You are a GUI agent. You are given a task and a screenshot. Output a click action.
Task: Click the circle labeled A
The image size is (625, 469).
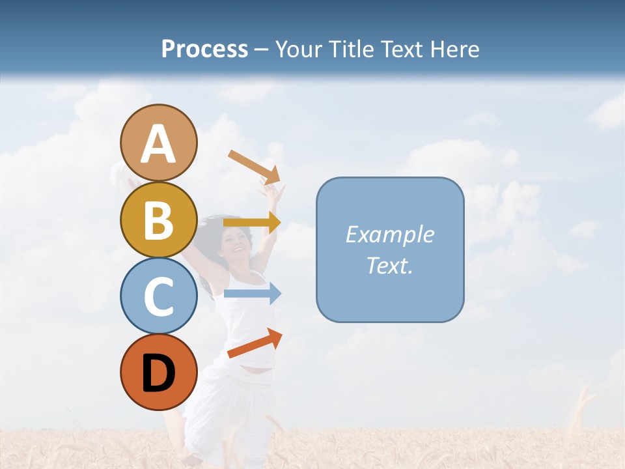[158, 143]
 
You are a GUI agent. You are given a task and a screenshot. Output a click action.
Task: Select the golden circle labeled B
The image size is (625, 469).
[158, 220]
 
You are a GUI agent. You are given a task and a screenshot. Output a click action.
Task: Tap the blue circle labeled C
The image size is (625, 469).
[158, 296]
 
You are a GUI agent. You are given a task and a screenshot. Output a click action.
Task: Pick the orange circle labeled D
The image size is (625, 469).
[158, 373]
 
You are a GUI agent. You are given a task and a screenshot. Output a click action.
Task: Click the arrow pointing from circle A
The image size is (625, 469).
[254, 167]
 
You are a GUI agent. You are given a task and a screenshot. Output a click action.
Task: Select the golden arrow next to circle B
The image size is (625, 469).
[252, 222]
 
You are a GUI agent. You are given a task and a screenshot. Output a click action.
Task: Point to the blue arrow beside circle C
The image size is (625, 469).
[252, 294]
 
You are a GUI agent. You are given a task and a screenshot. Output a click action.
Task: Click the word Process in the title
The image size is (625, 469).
[204, 50]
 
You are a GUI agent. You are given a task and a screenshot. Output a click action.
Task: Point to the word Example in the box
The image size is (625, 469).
[389, 234]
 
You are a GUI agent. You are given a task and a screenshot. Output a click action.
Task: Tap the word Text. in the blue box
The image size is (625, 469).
[389, 265]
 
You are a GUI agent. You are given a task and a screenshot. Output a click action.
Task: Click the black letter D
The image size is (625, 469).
[158, 373]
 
